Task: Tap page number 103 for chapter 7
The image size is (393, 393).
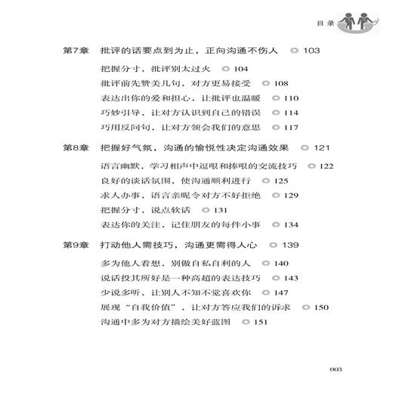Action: coord(311,50)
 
